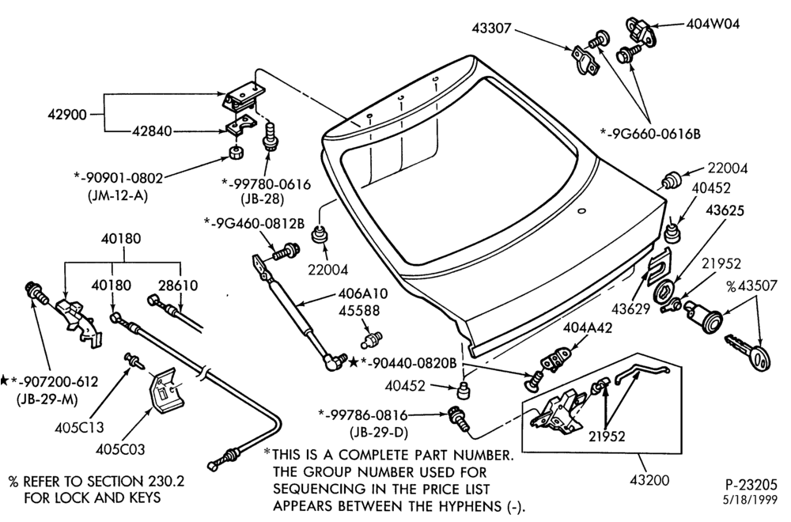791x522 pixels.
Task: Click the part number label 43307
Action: tap(491, 28)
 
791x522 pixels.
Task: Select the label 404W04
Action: tap(713, 24)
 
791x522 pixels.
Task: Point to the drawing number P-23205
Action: tap(751, 485)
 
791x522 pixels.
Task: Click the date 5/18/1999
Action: tap(754, 501)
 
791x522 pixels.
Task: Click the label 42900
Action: tap(67, 115)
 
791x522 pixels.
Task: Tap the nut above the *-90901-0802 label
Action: tap(235, 152)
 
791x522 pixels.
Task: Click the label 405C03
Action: tap(120, 449)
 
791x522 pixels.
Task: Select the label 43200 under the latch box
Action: tap(649, 480)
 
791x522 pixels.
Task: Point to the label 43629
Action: tap(631, 308)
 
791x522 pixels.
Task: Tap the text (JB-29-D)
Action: tap(379, 432)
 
